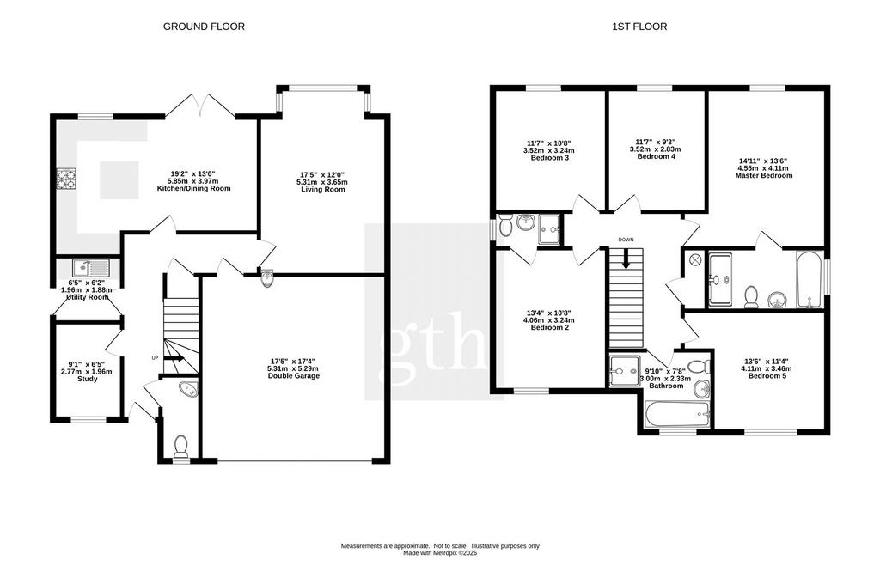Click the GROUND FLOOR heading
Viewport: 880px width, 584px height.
pyautogui.click(x=204, y=27)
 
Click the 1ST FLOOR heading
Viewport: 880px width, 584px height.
pyautogui.click(x=639, y=27)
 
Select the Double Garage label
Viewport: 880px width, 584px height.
pyautogui.click(x=294, y=375)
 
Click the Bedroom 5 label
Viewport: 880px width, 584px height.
pyautogui.click(x=767, y=375)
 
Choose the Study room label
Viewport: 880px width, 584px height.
pyautogui.click(x=87, y=379)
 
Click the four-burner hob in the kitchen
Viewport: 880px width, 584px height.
pyautogui.click(x=65, y=179)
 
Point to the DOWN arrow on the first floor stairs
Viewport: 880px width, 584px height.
pyautogui.click(x=626, y=258)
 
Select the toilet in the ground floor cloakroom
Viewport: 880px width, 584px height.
pyautogui.click(x=180, y=446)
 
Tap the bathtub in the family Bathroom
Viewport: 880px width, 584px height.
pyautogui.click(x=677, y=414)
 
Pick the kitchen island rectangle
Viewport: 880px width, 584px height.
pyautogui.click(x=119, y=179)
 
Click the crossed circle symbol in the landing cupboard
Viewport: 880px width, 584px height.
pyautogui.click(x=694, y=259)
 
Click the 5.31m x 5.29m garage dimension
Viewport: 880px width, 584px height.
pyautogui.click(x=294, y=368)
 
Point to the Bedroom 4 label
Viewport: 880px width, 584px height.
pyautogui.click(x=656, y=156)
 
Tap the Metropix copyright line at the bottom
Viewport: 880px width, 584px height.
pyautogui.click(x=440, y=552)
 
